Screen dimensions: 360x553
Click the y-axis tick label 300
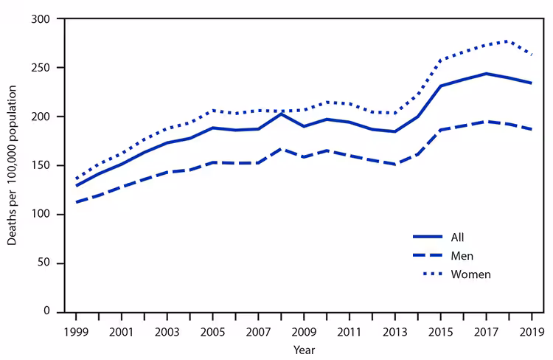click(x=49, y=18)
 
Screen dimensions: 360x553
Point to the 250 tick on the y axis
click(x=49, y=67)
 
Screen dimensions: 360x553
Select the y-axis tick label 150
click(x=49, y=165)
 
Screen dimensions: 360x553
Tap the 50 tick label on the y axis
click(x=52, y=263)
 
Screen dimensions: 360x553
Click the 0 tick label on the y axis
click(x=55, y=312)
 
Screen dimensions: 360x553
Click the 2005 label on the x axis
click(x=212, y=329)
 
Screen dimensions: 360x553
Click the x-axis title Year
click(x=303, y=350)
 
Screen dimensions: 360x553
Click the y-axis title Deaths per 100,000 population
click(x=13, y=165)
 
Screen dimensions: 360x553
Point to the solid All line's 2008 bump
click(x=280, y=114)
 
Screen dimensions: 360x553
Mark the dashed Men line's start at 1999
click(x=77, y=202)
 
